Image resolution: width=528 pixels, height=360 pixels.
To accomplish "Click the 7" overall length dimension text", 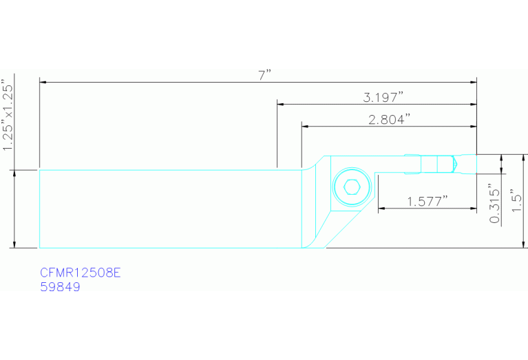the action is [264, 76].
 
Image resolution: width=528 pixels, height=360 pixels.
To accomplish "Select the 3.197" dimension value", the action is [383, 98].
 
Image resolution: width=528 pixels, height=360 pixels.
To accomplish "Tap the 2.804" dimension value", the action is [389, 120].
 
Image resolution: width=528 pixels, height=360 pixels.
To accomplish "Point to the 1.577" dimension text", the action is [427, 202].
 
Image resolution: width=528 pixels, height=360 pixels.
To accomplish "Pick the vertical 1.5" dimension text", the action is [516, 200].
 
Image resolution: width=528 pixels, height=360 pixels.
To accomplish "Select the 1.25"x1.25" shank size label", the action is [8, 115].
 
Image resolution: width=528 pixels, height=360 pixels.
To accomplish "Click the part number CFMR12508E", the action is [80, 273].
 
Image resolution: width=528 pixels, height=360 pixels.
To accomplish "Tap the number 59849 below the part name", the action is [60, 287].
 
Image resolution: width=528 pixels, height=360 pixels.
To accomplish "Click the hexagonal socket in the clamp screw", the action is [352, 187].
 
